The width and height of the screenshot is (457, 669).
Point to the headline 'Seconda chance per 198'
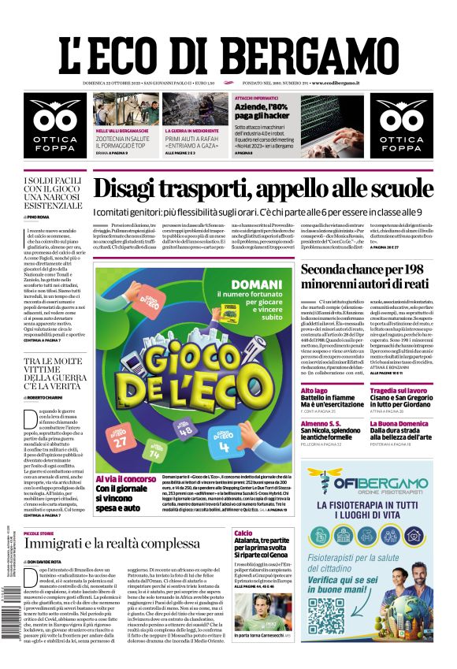pyautogui.click(x=366, y=270)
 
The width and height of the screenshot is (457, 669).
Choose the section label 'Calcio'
pyautogui.click(x=243, y=533)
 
